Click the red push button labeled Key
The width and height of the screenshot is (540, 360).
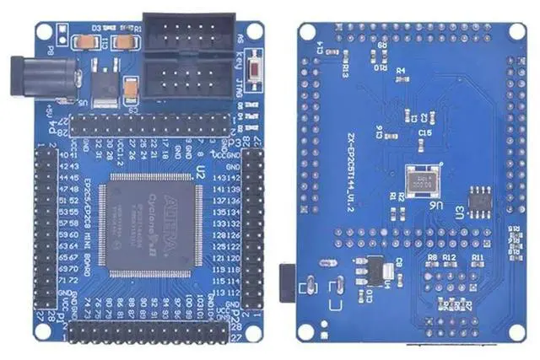(252, 68)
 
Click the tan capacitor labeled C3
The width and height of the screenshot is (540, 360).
(132, 89)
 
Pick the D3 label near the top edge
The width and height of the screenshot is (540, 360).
(96, 28)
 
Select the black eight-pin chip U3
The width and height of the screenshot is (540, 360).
(477, 197)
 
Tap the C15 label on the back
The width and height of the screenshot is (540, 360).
(424, 133)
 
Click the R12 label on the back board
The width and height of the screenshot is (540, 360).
(449, 255)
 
